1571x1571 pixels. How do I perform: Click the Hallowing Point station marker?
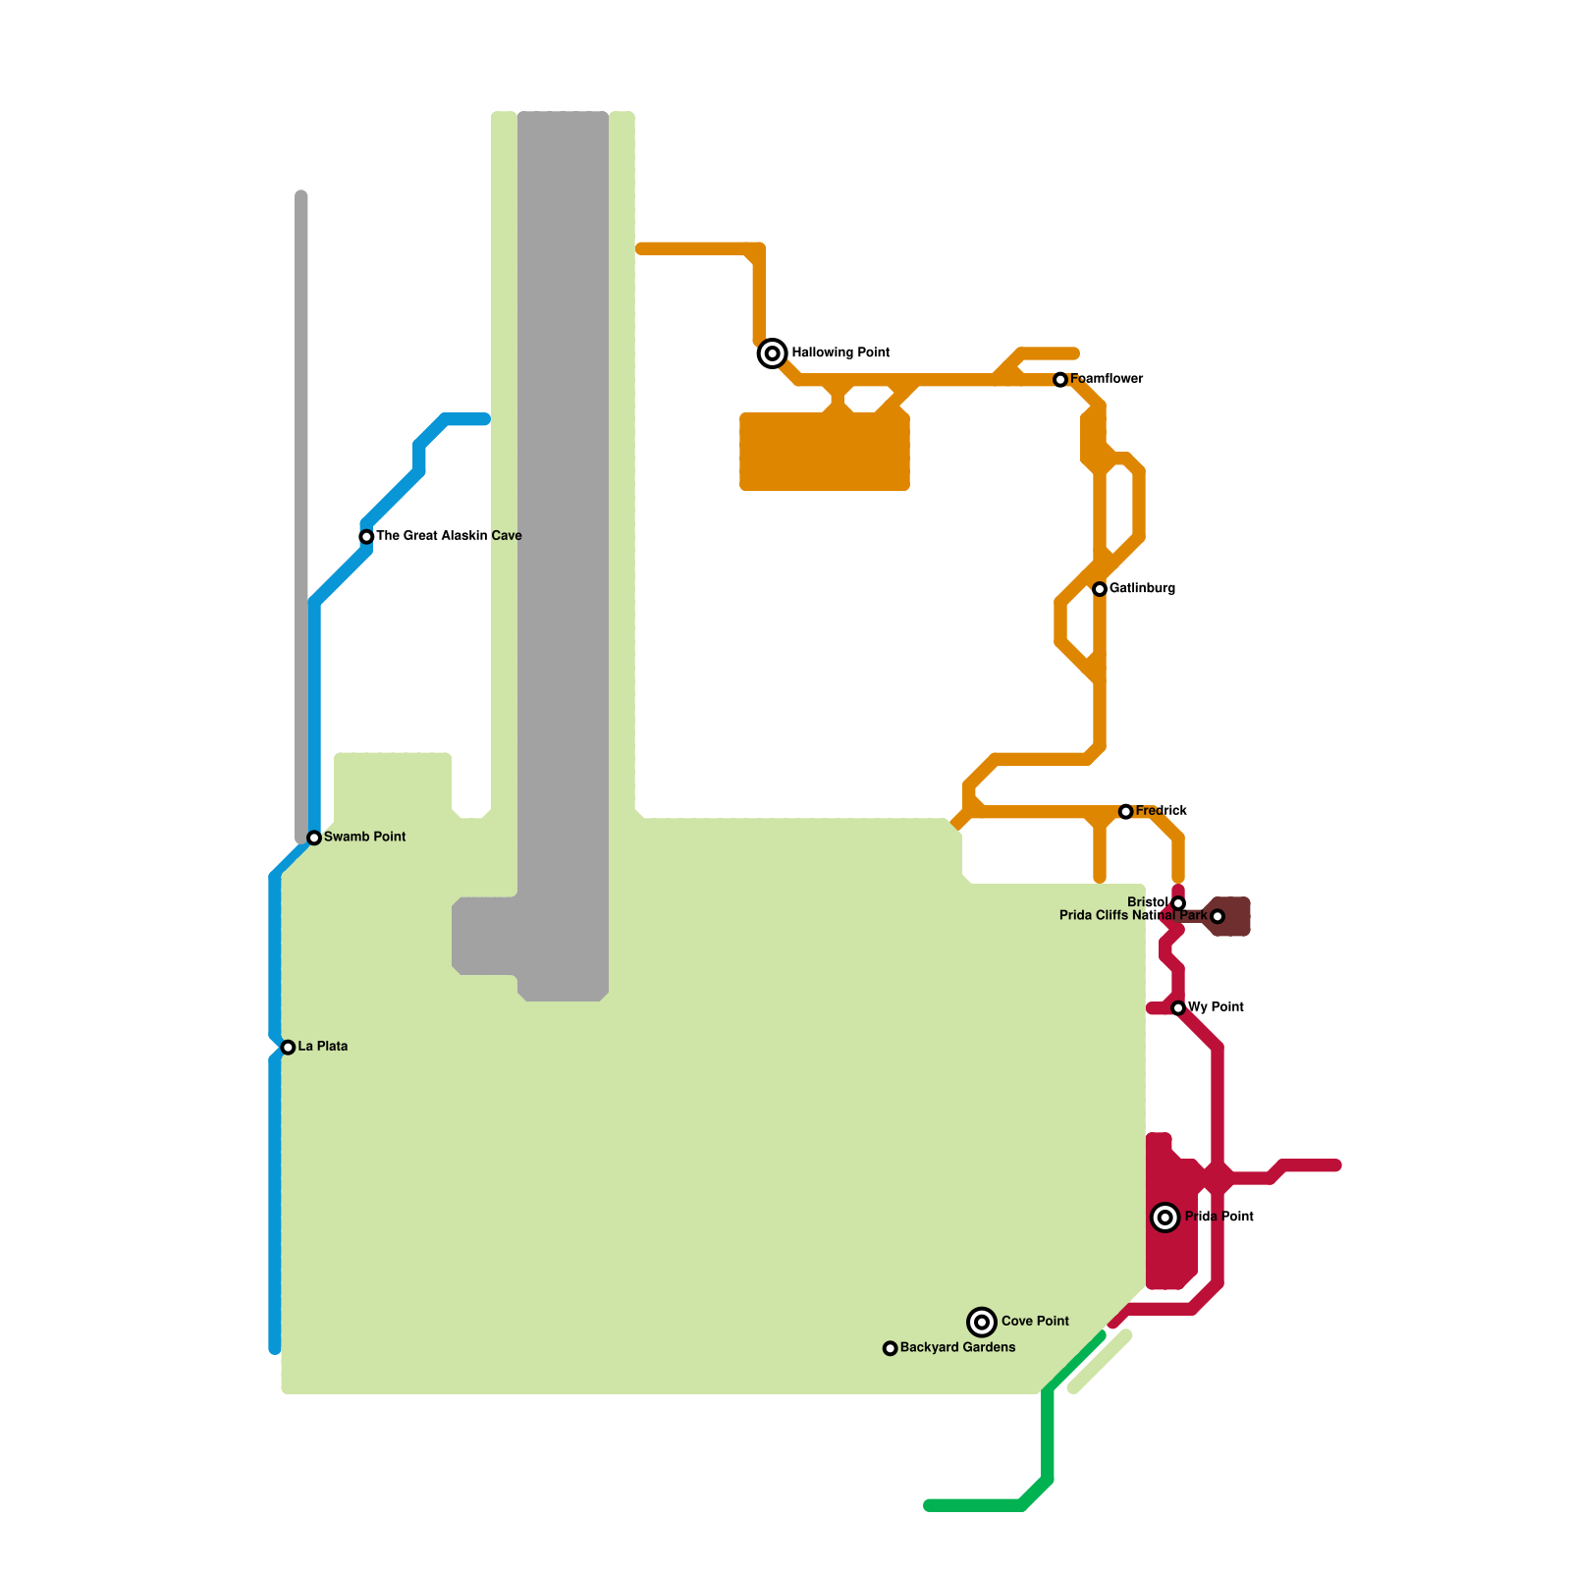pos(773,353)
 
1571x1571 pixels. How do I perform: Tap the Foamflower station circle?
pos(1060,380)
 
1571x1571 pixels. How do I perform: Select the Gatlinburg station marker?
pos(1100,589)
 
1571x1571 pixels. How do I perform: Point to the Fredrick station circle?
pos(1125,812)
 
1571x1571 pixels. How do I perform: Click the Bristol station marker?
pos(1178,903)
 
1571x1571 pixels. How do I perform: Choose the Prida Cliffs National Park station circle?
pos(1218,917)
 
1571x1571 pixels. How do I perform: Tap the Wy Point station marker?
pos(1178,1008)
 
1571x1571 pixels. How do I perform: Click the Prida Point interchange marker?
pos(1165,1218)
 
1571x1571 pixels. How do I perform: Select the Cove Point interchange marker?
pos(982,1323)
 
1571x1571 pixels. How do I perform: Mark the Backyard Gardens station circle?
pos(890,1349)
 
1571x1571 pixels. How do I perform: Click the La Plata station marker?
pos(288,1048)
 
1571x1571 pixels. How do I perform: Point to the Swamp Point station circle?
pos(314,838)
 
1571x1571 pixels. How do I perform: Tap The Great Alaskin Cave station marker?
pos(366,537)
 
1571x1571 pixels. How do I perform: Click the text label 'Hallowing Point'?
pos(840,352)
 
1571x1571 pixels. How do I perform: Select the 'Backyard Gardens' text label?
pos(957,1347)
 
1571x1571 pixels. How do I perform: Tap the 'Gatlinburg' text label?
pos(1142,588)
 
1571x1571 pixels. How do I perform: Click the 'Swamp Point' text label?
pos(364,837)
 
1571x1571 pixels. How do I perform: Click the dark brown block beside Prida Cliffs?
pos(1234,917)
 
